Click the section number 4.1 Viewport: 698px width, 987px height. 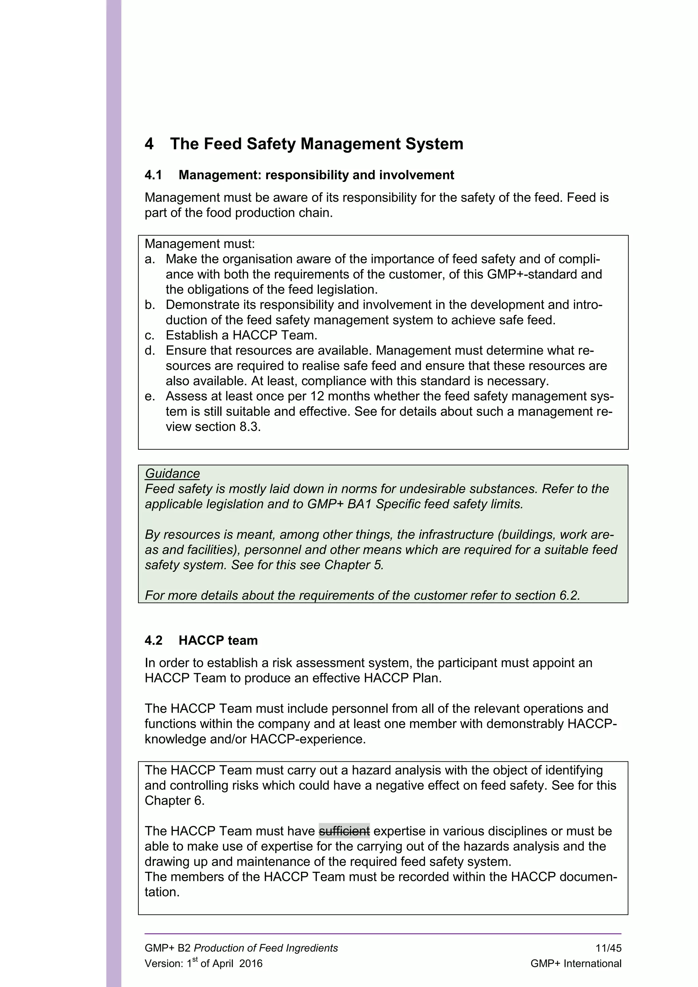153,175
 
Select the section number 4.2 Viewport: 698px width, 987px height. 153,641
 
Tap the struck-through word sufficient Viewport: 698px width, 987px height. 344,831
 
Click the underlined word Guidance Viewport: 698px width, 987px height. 172,474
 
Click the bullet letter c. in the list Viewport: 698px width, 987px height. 149,335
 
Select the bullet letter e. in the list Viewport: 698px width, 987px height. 149,396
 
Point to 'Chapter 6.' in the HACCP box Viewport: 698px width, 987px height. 174,801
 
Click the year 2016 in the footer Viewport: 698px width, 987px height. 251,964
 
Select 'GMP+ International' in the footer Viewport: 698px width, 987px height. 576,964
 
